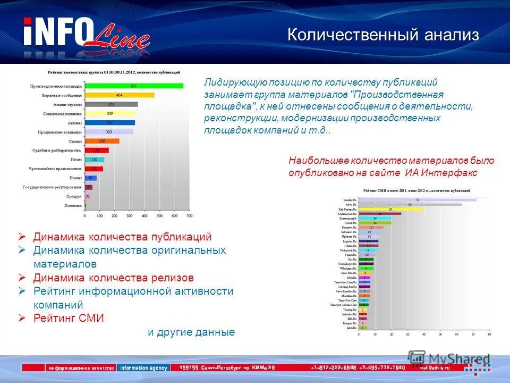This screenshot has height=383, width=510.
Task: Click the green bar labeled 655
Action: click(134, 86)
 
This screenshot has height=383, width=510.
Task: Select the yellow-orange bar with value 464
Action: click(120, 95)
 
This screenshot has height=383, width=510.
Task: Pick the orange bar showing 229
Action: click(102, 141)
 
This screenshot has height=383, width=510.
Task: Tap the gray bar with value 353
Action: click(111, 104)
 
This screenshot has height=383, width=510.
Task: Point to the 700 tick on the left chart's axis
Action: click(189, 216)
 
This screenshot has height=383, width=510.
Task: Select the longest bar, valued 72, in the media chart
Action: click(418, 200)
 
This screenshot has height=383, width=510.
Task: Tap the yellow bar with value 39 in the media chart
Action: click(390, 210)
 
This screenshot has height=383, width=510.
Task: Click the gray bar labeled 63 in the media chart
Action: click(410, 205)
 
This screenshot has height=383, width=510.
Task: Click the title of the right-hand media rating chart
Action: click(417, 190)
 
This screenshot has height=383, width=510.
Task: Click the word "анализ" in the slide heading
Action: click(452, 36)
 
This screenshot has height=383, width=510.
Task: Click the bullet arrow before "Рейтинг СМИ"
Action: click(22, 318)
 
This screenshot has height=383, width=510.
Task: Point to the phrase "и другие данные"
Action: click(191, 332)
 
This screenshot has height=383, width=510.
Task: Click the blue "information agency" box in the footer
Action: click(144, 368)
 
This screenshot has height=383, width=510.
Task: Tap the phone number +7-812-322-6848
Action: click(334, 368)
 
